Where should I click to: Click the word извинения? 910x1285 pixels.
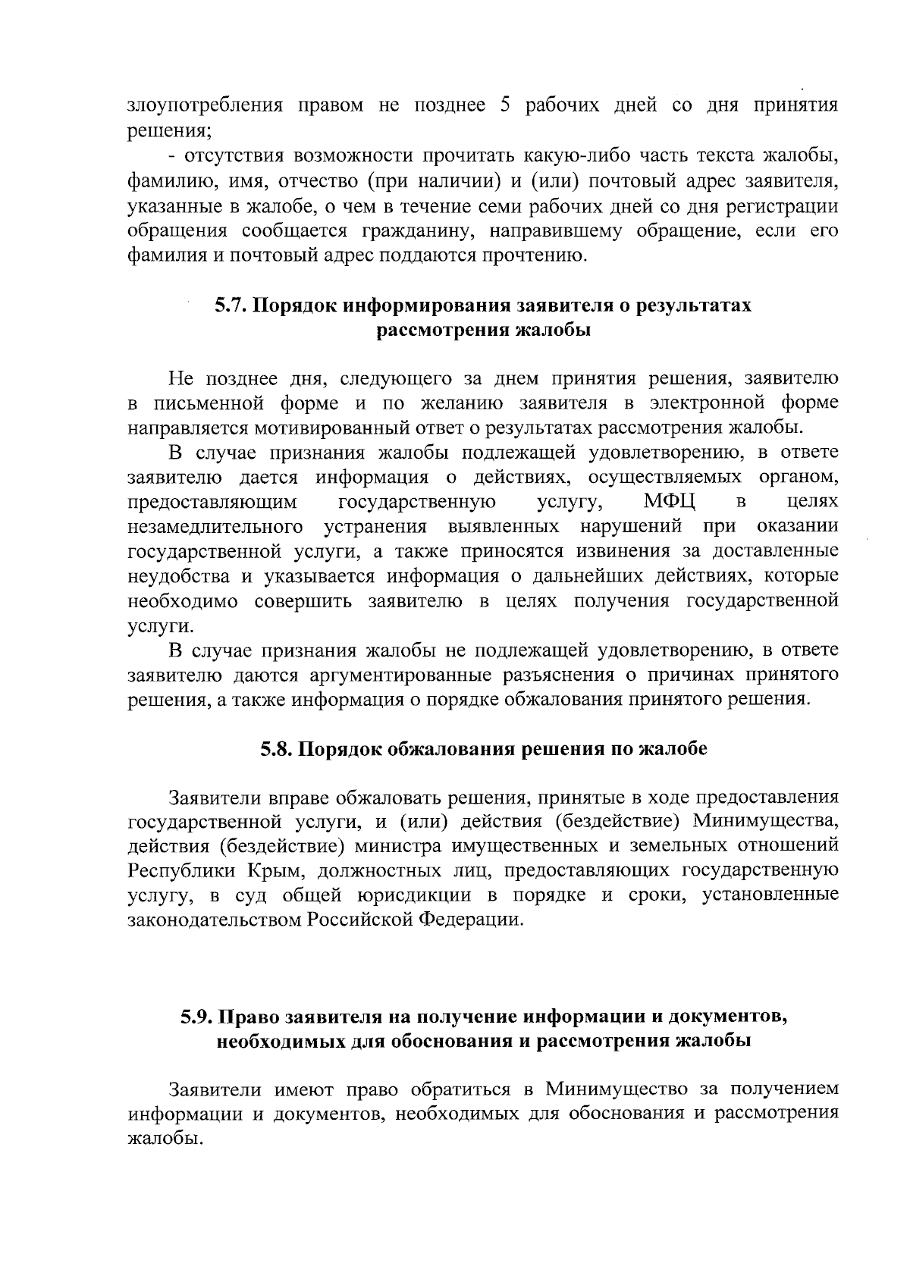coord(618,551)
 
